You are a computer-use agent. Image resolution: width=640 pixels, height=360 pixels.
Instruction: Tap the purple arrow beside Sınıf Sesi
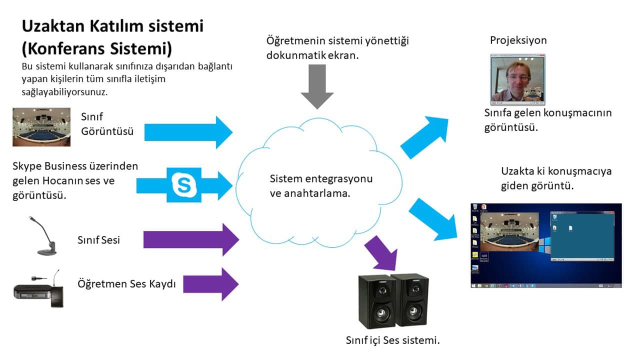coord(191,239)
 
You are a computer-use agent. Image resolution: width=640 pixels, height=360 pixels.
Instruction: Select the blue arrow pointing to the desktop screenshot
coord(433,219)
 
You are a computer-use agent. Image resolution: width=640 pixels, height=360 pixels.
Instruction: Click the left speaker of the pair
coord(374,301)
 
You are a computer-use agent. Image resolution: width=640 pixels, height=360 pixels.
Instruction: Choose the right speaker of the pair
coord(410,298)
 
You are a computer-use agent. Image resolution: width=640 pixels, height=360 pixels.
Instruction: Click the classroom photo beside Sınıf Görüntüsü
coord(41,127)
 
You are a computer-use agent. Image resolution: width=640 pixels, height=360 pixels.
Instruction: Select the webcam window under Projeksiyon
coord(517,79)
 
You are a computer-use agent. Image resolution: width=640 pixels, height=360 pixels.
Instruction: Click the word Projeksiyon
coord(518,40)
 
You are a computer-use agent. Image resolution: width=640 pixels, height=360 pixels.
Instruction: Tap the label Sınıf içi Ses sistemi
coord(392,341)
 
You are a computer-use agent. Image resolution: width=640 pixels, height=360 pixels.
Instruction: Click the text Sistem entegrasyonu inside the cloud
coord(321,179)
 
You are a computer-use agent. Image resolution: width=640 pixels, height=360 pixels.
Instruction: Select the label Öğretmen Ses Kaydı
coord(127,284)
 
